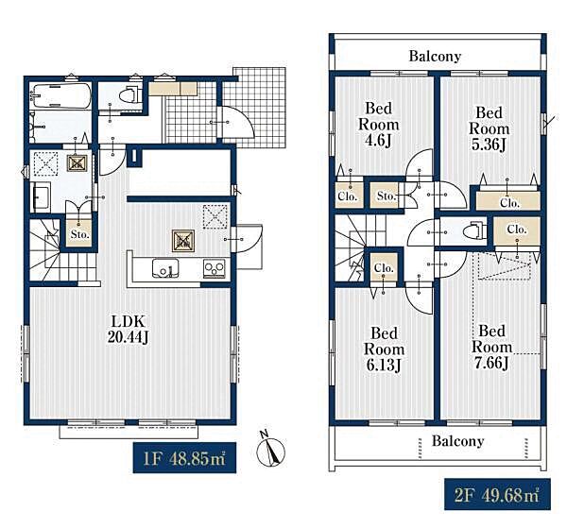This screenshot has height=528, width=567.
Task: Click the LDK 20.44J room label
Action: (x=128, y=329)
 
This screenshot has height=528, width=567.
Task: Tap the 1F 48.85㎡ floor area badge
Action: (x=184, y=457)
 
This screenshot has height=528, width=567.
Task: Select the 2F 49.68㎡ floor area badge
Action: (x=497, y=494)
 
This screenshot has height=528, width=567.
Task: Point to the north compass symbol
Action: (x=270, y=450)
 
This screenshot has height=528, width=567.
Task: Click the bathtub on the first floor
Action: (x=60, y=95)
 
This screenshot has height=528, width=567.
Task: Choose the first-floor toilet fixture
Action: (x=129, y=95)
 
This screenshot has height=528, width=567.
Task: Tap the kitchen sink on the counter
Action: (x=165, y=268)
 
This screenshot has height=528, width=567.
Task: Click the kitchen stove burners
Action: (x=215, y=268)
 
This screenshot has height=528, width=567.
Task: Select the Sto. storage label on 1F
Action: (x=80, y=234)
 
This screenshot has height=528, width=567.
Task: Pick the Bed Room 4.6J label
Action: (x=379, y=124)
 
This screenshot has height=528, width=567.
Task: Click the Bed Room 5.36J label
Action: (x=489, y=128)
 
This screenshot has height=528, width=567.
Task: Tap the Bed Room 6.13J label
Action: (x=384, y=349)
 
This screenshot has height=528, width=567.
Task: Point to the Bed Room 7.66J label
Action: (x=491, y=347)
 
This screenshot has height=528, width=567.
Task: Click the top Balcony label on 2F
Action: (x=435, y=56)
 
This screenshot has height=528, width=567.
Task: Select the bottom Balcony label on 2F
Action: (x=457, y=441)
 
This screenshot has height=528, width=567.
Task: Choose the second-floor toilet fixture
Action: (x=476, y=230)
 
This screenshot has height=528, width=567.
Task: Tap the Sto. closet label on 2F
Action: (x=387, y=196)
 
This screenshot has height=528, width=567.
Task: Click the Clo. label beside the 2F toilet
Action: (x=517, y=230)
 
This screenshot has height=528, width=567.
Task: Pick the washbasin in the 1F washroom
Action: (x=41, y=197)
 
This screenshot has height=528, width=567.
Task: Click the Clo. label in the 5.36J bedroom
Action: (x=510, y=203)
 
